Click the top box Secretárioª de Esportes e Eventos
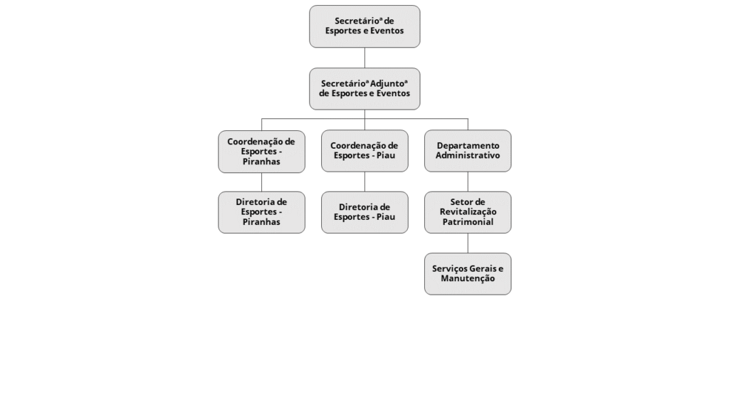pyautogui.click(x=364, y=26)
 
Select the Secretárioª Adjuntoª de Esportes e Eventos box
pyautogui.click(x=364, y=89)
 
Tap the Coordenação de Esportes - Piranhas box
pyautogui.click(x=262, y=152)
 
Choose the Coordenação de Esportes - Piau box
pyautogui.click(x=364, y=151)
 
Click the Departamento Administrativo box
pyautogui.click(x=468, y=151)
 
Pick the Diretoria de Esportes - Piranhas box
pyautogui.click(x=262, y=212)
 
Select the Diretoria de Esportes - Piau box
pyautogui.click(x=364, y=212)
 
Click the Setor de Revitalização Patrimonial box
pyautogui.click(x=468, y=212)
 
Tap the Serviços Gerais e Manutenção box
pyautogui.click(x=468, y=274)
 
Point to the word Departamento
pyautogui.click(x=468, y=146)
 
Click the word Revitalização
pyautogui.click(x=468, y=212)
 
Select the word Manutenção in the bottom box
pyautogui.click(x=468, y=278)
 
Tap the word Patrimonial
pyautogui.click(x=468, y=222)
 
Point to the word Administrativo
pyautogui.click(x=468, y=156)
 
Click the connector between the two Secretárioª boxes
pyautogui.click(x=364, y=58)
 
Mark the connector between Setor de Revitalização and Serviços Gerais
pyautogui.click(x=468, y=243)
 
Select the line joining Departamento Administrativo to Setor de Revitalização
pyautogui.click(x=468, y=182)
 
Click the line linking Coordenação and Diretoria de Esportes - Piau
pyautogui.click(x=364, y=182)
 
